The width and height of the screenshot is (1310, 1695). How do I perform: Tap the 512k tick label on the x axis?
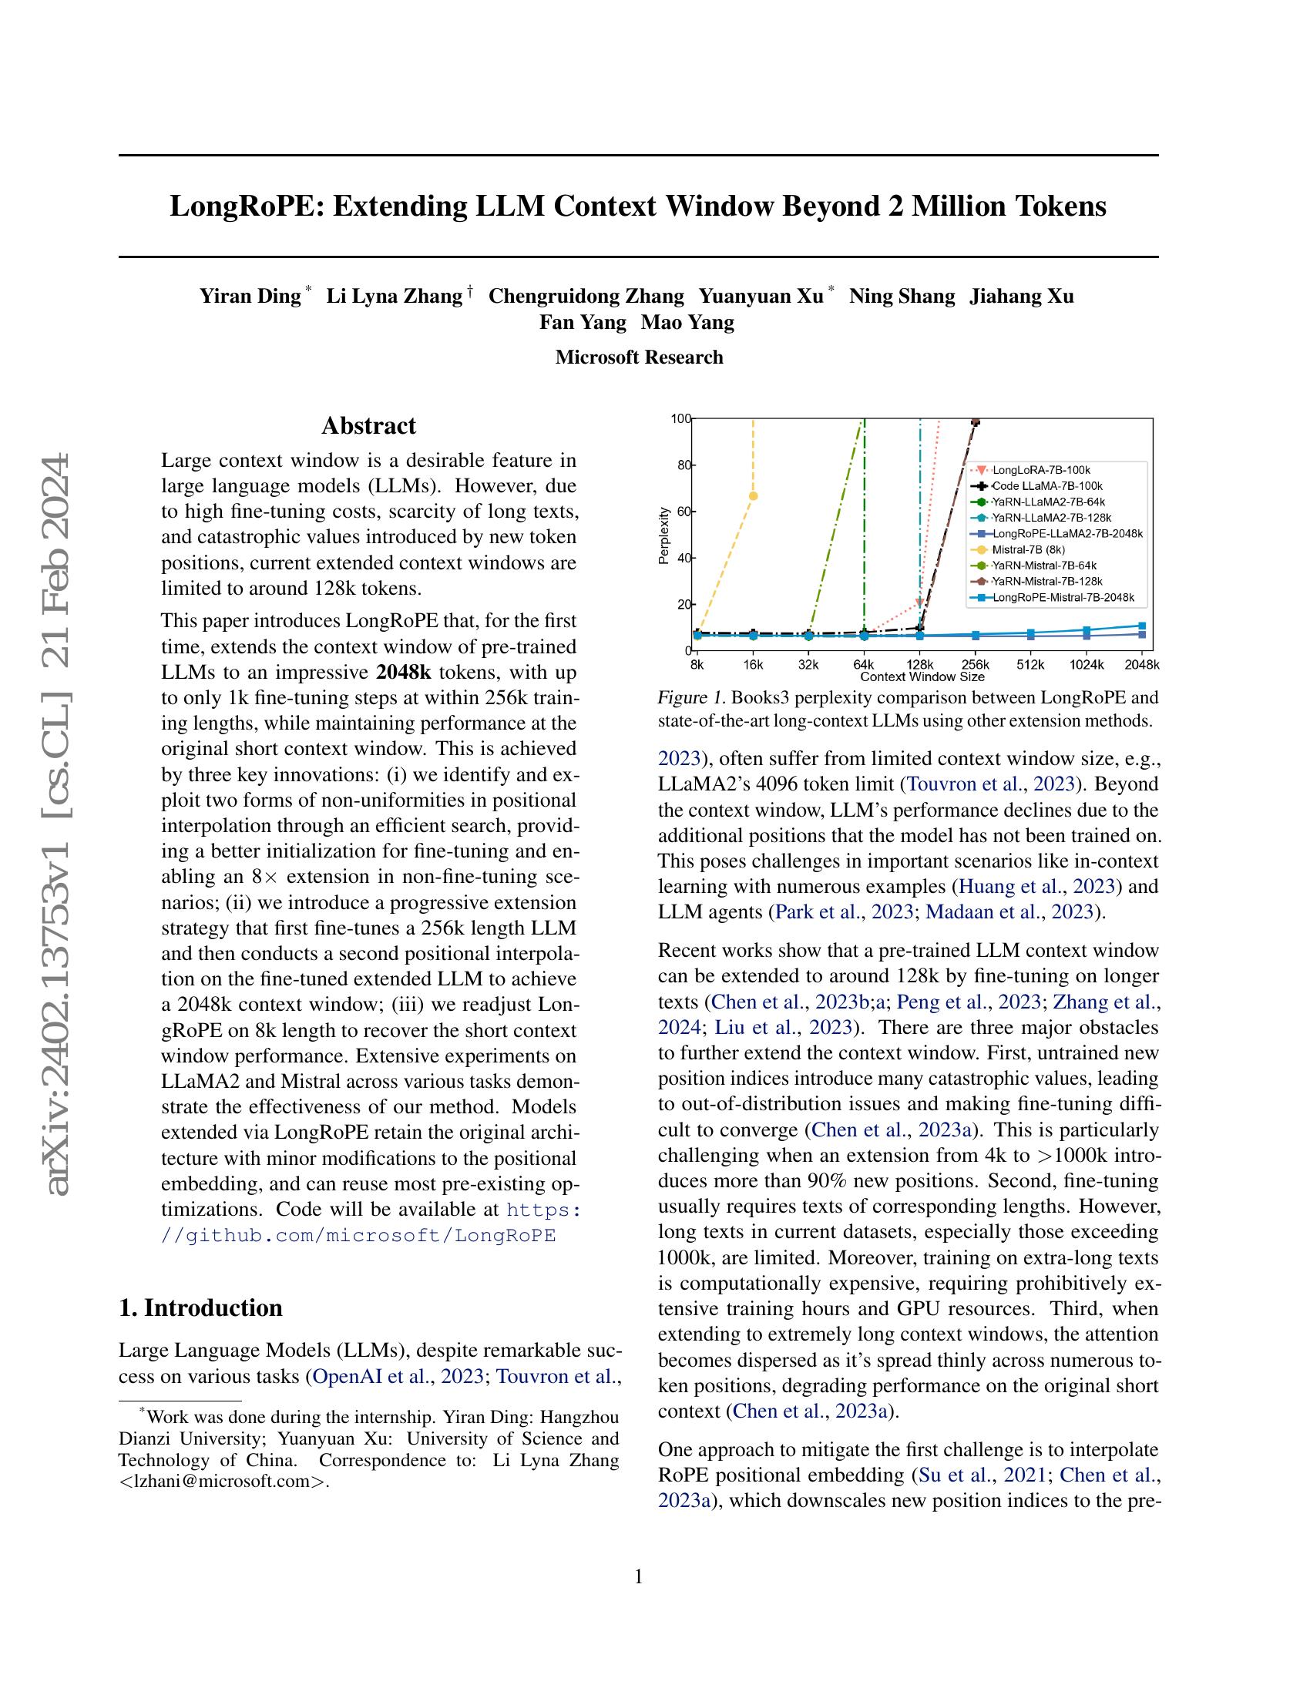point(1030,665)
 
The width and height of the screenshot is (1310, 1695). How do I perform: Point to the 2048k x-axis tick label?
point(1141,665)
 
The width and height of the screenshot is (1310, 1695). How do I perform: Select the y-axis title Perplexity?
point(663,535)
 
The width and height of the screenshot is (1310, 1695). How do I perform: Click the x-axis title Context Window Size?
point(922,676)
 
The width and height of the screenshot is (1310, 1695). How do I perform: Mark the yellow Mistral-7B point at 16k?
point(753,496)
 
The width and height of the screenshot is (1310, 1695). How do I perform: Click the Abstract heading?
point(368,426)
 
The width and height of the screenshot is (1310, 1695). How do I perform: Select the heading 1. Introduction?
point(200,1307)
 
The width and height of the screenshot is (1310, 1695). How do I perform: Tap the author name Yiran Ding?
point(250,296)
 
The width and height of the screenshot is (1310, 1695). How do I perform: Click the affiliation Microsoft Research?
point(639,357)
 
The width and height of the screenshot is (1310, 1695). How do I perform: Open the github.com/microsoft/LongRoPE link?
point(358,1236)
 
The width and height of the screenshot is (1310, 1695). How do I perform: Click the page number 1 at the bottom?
point(639,1577)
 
